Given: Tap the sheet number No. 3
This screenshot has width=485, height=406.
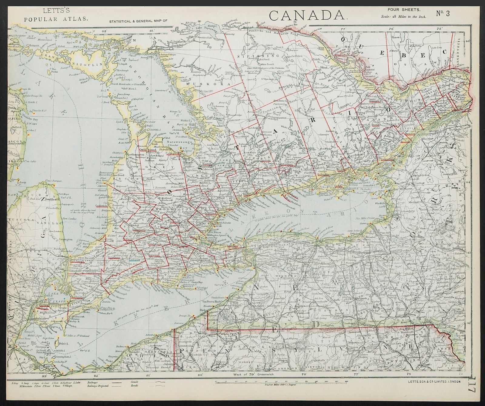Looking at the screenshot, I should tap(443, 14).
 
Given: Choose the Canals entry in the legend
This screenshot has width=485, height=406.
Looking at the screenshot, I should tap(134, 382).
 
